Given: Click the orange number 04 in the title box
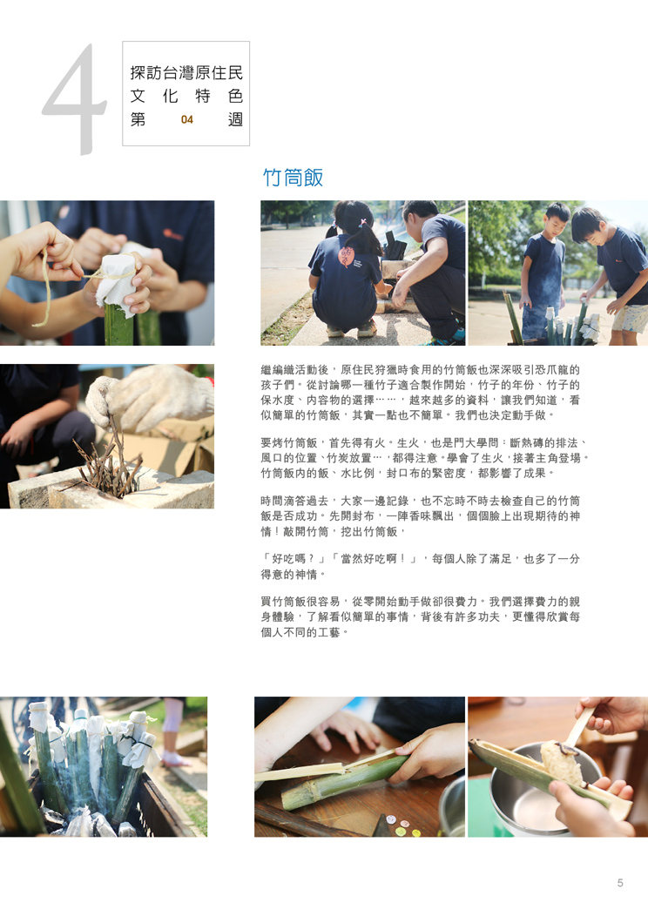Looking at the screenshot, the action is click(x=187, y=120).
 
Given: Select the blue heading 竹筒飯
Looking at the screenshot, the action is click(x=293, y=178).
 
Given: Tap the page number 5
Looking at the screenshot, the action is click(x=620, y=883).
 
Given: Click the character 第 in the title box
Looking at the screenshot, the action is click(x=138, y=120).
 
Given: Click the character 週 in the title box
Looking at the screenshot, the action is click(x=235, y=120).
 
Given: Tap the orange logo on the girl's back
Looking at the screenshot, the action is click(x=347, y=255).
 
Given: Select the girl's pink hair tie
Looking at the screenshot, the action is click(x=363, y=223).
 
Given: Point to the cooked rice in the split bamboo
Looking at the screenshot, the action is click(x=561, y=763).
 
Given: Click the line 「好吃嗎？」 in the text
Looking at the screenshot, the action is click(x=295, y=559).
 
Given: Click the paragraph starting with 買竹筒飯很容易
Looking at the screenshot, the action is click(x=420, y=616).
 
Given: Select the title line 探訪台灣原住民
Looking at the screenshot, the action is click(x=186, y=73).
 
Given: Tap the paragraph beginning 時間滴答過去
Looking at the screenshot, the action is click(x=420, y=516).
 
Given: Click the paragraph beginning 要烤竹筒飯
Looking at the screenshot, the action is click(x=423, y=458).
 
